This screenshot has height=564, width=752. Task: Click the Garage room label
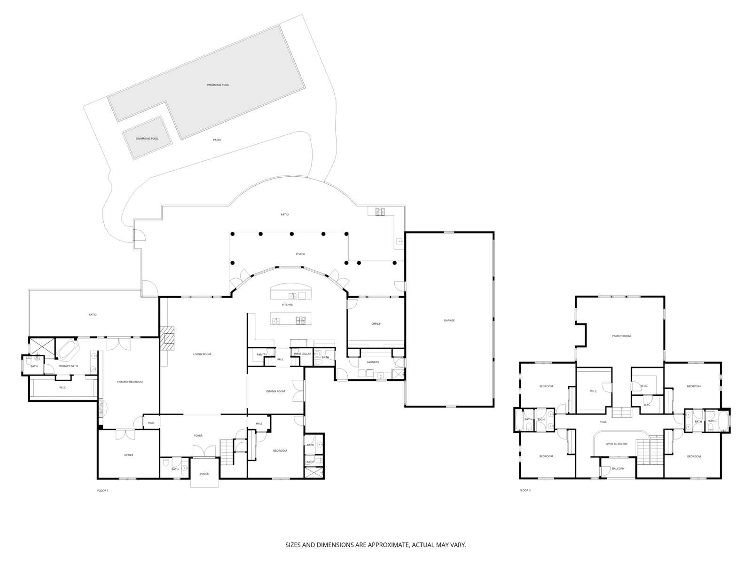(x=449, y=321)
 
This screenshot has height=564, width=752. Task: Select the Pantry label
(x=262, y=354)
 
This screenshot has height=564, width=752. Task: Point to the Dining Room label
(x=275, y=391)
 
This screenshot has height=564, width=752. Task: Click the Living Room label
(x=202, y=354)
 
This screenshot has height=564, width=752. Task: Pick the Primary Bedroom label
(x=130, y=382)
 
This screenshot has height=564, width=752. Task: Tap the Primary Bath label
(x=68, y=366)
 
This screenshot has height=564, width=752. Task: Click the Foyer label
(x=198, y=436)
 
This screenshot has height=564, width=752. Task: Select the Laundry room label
(x=373, y=362)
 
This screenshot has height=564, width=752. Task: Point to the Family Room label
(x=621, y=336)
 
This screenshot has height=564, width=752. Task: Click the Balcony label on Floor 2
(x=618, y=469)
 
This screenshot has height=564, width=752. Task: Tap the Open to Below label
(x=616, y=444)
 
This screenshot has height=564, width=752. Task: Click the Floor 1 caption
(x=102, y=490)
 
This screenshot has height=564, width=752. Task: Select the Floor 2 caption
(x=525, y=490)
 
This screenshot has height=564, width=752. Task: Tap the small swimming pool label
(x=147, y=139)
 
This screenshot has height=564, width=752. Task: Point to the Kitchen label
(x=288, y=305)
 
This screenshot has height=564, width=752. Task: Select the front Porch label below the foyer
(x=204, y=474)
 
